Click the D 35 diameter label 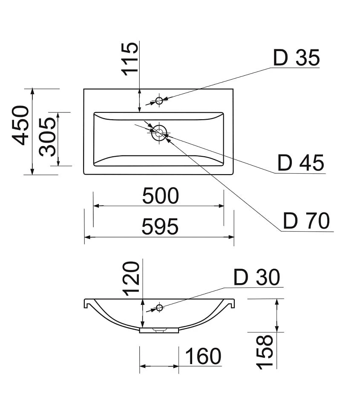(297, 57)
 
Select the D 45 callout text (301, 163)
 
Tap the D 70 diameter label (306, 221)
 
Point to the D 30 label (256, 277)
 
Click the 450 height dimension (21, 125)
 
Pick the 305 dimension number (47, 137)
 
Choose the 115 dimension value (130, 59)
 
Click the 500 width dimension (161, 196)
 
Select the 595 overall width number (160, 227)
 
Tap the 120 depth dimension (131, 279)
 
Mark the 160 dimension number (203, 356)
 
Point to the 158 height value (265, 352)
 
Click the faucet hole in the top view (159, 100)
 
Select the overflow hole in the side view (159, 307)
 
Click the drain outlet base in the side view (159, 330)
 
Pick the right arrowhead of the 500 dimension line (221, 206)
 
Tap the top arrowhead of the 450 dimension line (32, 92)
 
